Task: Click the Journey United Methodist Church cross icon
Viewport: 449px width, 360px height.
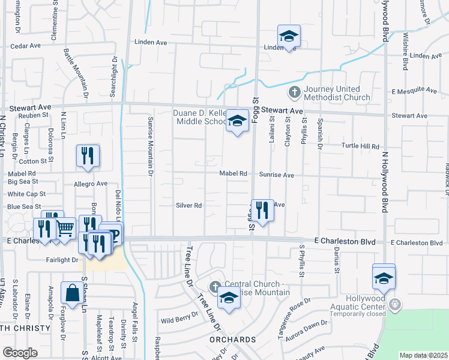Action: [x=294, y=93]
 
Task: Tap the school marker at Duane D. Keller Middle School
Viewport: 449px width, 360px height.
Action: [x=237, y=122]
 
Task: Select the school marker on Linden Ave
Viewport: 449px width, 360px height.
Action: [x=289, y=36]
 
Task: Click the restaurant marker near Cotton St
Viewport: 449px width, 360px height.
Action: [x=88, y=156]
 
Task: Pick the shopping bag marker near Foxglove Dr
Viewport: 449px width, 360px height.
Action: [x=72, y=293]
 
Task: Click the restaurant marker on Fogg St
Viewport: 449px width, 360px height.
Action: [x=262, y=210]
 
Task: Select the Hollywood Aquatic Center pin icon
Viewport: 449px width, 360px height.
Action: [x=394, y=304]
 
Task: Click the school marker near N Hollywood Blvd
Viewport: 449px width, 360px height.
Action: [x=384, y=277]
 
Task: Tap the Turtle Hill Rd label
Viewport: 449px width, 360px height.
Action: [x=360, y=146]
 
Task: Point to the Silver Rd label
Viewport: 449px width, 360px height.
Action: [x=188, y=205]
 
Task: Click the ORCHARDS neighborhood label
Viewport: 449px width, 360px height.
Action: [x=234, y=340]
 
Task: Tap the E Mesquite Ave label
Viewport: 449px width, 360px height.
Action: [x=414, y=91]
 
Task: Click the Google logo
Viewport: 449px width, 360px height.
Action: [x=20, y=353]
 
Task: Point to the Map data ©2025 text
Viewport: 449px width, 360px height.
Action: [x=423, y=355]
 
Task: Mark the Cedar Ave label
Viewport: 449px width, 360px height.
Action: [x=25, y=45]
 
